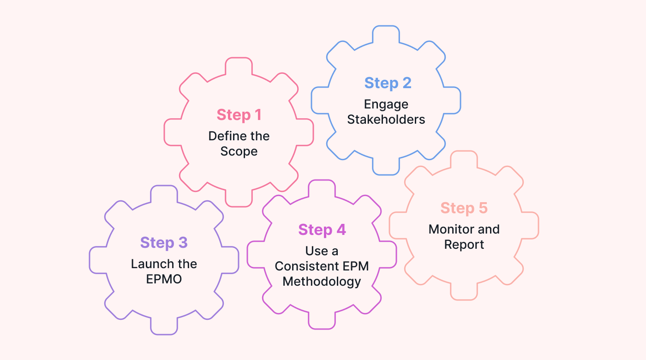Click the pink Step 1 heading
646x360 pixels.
tap(239, 115)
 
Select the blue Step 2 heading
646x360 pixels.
tap(388, 83)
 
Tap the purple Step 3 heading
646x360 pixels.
tap(164, 243)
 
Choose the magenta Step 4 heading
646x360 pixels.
tap(322, 230)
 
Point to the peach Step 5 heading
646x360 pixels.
tap(464, 208)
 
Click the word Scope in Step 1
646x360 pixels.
tap(239, 151)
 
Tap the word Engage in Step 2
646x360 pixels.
tap(386, 104)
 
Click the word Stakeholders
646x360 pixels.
tap(386, 119)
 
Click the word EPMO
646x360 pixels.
tap(164, 279)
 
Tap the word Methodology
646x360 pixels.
tap(322, 282)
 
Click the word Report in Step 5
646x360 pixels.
tap(464, 245)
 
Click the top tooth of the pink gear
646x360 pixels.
tap(239, 66)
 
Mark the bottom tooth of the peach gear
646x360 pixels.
tap(464, 292)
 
